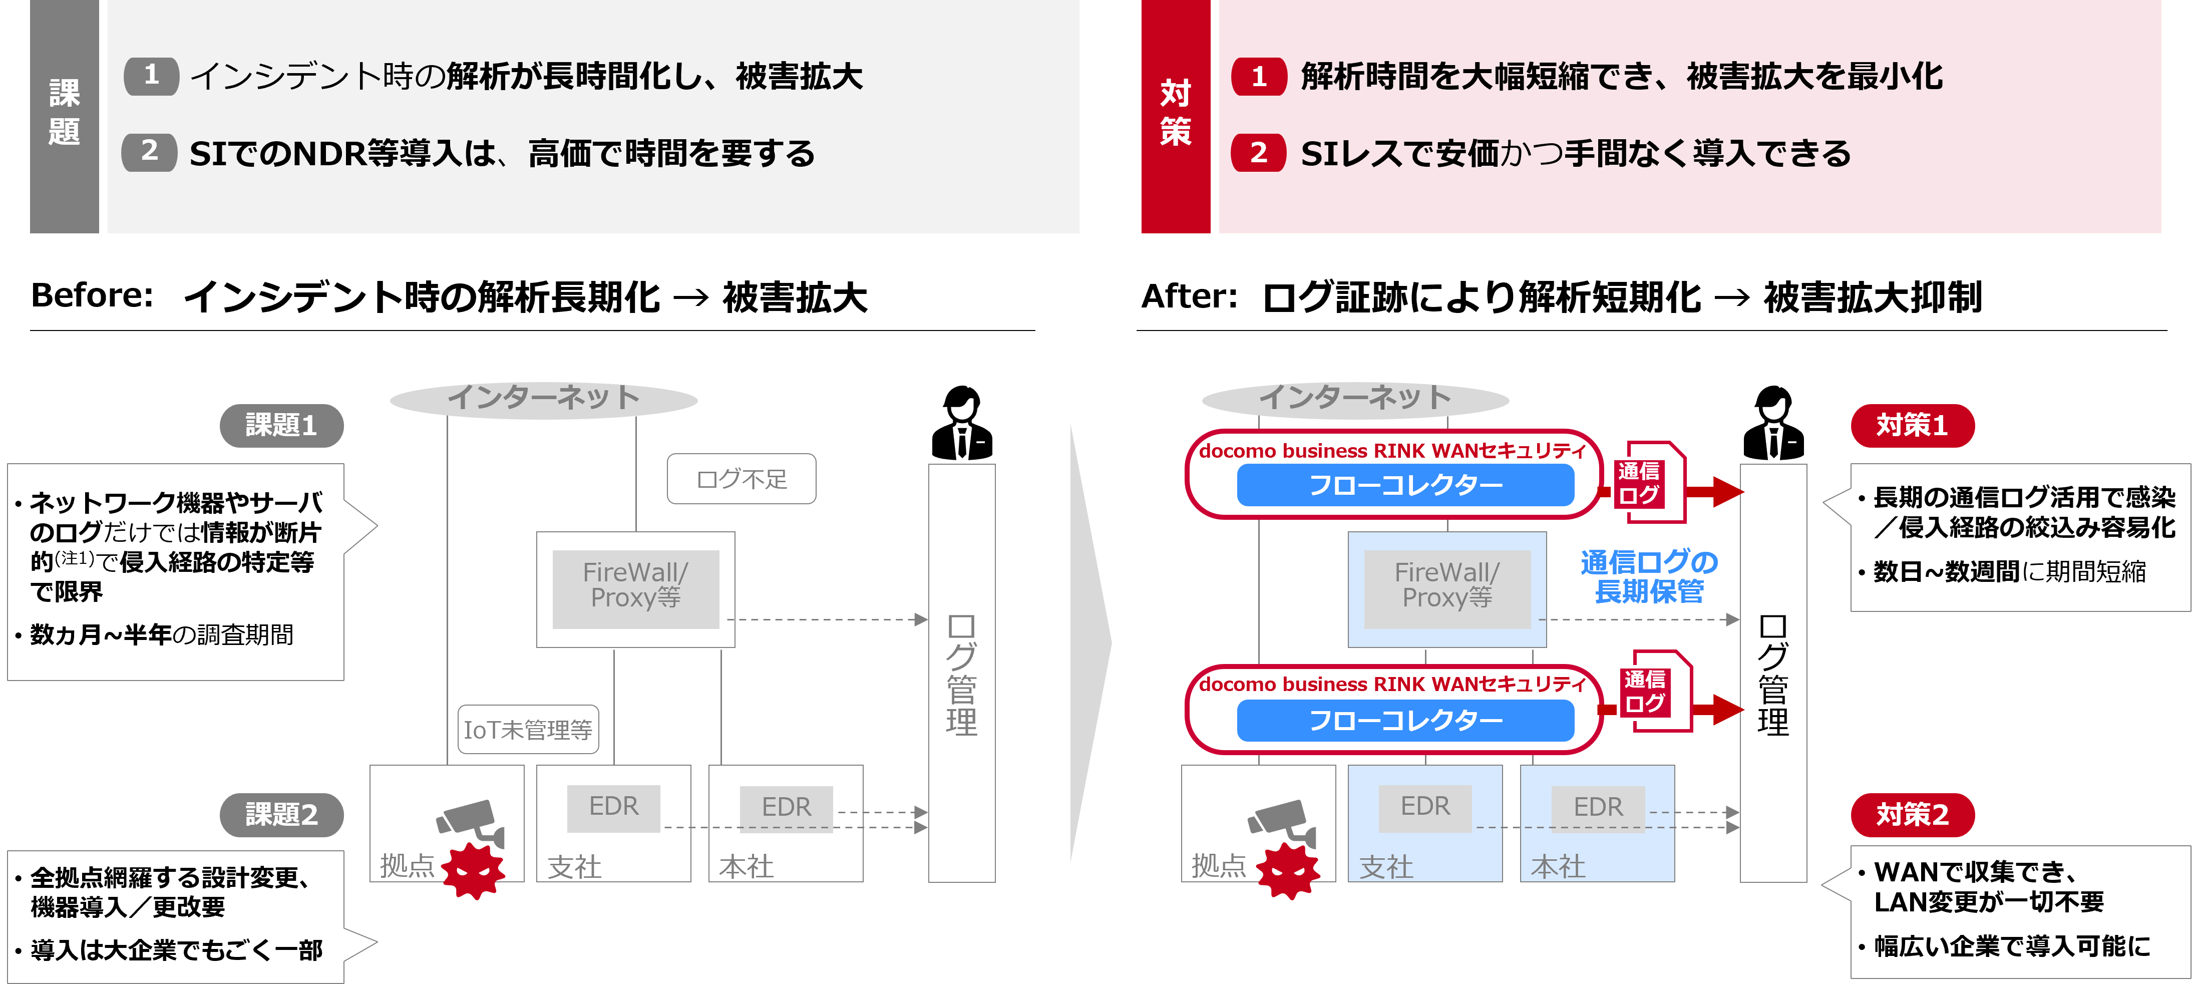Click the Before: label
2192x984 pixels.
click(92, 297)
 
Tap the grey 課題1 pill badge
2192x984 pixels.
click(281, 425)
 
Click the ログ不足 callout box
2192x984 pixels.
click(741, 479)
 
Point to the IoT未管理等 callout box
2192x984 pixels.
click(528, 730)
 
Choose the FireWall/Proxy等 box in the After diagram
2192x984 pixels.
click(1446, 587)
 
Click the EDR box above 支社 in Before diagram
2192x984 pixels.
click(613, 807)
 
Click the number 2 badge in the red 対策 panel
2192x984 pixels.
click(1259, 153)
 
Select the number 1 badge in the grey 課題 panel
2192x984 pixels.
click(152, 76)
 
